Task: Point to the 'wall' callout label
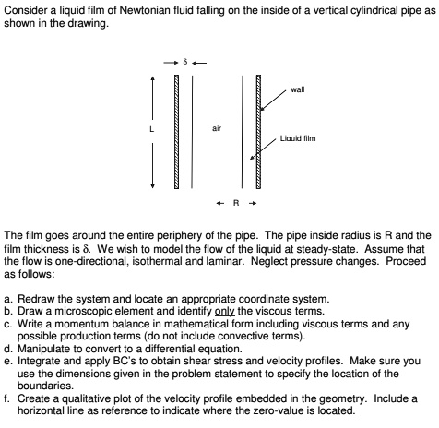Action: click(x=297, y=90)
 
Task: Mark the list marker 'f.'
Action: click(x=8, y=391)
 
